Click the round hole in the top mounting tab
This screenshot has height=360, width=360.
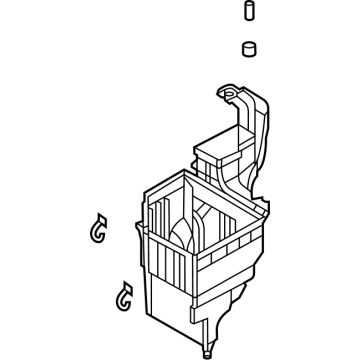229,97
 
